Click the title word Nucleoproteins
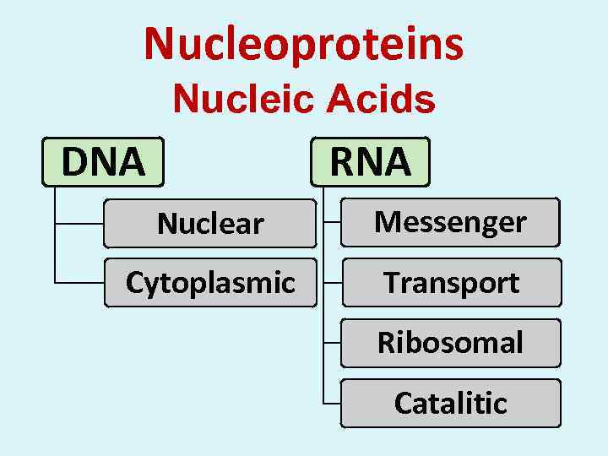click(304, 44)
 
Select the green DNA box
click(103, 161)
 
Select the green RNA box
click(370, 161)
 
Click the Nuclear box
click(210, 223)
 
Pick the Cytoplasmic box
click(210, 282)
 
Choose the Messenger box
click(450, 222)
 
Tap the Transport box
click(451, 282)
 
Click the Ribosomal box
click(451, 343)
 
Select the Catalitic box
click(451, 403)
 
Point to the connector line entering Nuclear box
click(79, 224)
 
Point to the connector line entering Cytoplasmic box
click(79, 282)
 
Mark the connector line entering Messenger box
click(333, 222)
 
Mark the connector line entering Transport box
click(333, 282)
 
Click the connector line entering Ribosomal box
click(333, 343)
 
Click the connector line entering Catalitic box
click(333, 403)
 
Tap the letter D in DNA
click(74, 161)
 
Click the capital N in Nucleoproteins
click(157, 44)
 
